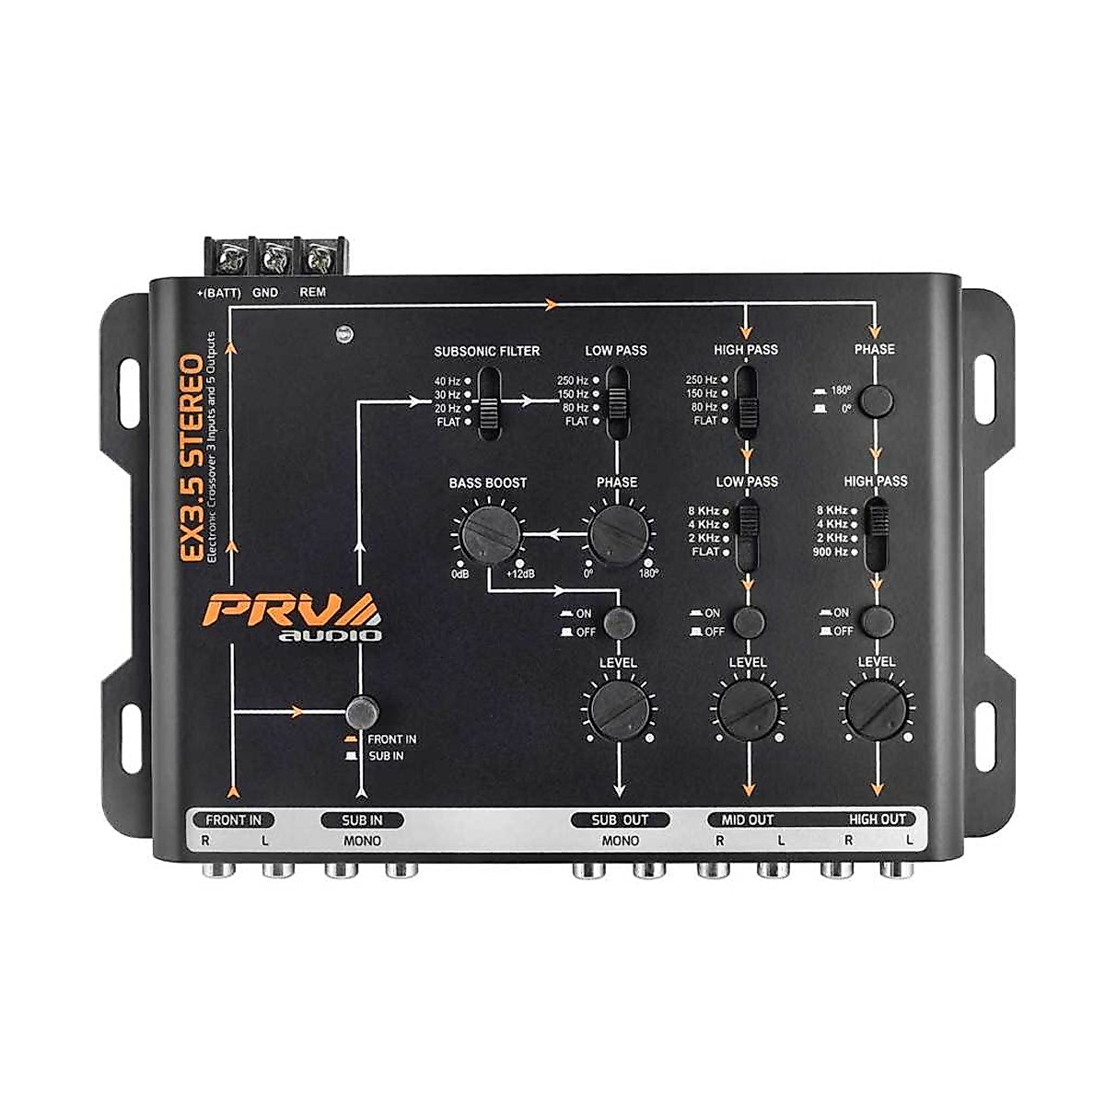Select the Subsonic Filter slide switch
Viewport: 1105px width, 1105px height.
tap(488, 401)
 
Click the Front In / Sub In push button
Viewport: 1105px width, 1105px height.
tap(363, 712)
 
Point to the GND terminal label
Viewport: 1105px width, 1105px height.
tap(265, 293)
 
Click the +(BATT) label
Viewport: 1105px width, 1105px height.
tap(218, 293)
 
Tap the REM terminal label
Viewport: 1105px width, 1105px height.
tap(313, 293)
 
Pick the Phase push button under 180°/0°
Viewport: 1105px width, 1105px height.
tap(880, 400)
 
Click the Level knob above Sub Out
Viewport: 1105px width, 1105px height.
tap(618, 711)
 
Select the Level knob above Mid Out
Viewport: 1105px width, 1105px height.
tap(747, 711)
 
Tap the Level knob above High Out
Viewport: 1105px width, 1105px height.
tap(876, 711)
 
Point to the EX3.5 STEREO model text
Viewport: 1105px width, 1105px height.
tap(192, 457)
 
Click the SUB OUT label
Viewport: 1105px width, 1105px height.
tap(620, 819)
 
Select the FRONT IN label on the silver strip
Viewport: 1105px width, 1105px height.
tap(233, 819)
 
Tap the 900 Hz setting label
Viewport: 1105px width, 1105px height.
tap(829, 552)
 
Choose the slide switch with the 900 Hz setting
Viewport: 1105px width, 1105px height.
tap(878, 531)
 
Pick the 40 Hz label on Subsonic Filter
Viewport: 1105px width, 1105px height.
tap(447, 380)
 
